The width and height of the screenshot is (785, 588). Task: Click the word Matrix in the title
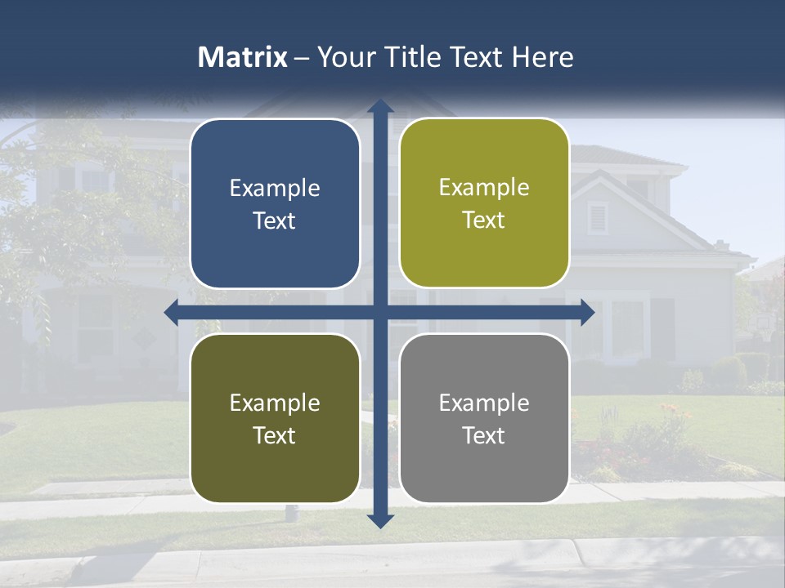[x=242, y=57]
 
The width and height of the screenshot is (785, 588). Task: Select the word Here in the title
[x=542, y=57]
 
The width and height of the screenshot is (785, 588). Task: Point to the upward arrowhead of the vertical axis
[x=380, y=106]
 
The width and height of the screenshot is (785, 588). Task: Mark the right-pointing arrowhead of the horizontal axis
[x=587, y=312]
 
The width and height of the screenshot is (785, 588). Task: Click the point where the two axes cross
[x=380, y=312]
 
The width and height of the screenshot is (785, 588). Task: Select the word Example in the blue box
[x=275, y=189]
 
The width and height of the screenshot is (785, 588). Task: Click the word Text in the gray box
[x=484, y=436]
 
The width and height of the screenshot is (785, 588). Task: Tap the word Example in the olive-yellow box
[x=484, y=188]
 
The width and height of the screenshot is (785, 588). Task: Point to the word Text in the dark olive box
[x=275, y=436]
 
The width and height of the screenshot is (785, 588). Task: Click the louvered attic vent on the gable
[x=598, y=216]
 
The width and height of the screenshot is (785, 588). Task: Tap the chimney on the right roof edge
[x=720, y=244]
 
